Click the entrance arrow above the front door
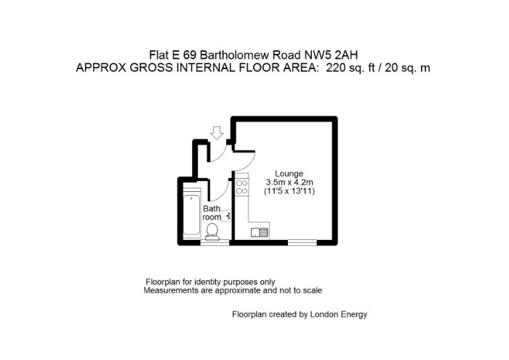[217, 133]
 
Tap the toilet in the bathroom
[212, 232]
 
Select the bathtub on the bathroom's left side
[192, 215]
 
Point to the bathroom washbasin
[226, 215]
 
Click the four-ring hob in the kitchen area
[242, 188]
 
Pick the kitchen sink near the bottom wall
[260, 233]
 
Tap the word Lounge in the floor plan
[289, 174]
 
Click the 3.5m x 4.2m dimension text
[289, 182]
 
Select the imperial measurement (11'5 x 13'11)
[289, 191]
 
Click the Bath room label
[212, 212]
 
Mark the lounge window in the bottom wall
[302, 242]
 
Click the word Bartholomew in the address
[235, 55]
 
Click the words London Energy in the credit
[339, 314]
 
